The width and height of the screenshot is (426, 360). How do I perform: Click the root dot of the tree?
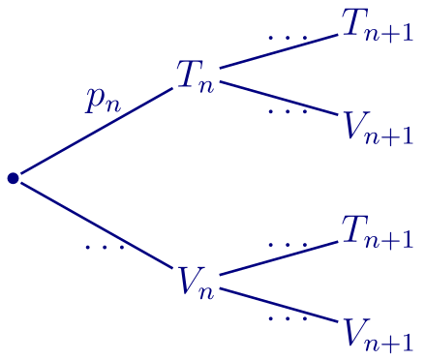[13, 178]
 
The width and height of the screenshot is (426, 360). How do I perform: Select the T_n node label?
[195, 76]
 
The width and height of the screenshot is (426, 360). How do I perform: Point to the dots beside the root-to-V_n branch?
[105, 248]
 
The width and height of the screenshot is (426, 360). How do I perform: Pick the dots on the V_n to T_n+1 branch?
[288, 245]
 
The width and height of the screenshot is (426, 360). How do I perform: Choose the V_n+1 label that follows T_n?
[379, 127]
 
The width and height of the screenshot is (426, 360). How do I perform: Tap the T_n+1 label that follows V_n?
[378, 232]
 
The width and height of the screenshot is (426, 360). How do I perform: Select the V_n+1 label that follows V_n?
[379, 334]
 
